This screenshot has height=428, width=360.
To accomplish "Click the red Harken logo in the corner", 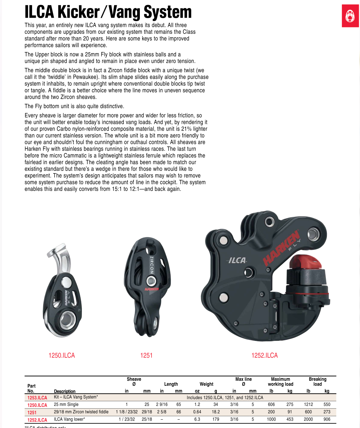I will point(350,16).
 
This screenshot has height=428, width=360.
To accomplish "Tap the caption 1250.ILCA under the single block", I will point(62,355).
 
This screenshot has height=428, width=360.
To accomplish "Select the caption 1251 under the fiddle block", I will point(146,355).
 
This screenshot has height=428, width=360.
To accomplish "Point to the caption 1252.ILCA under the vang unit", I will point(264,355).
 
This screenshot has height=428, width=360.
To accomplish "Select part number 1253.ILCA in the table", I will point(37,398).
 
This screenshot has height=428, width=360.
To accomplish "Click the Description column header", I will point(65,391).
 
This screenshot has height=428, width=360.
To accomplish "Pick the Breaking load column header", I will point(318,381).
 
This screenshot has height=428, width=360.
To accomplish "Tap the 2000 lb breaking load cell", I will point(308,419).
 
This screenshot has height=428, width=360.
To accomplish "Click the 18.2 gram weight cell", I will point(216,412).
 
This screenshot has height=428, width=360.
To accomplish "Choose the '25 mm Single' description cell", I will point(66,405).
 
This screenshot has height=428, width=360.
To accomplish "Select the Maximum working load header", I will point(280,381).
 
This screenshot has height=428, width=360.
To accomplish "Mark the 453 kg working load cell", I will point(290,419).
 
